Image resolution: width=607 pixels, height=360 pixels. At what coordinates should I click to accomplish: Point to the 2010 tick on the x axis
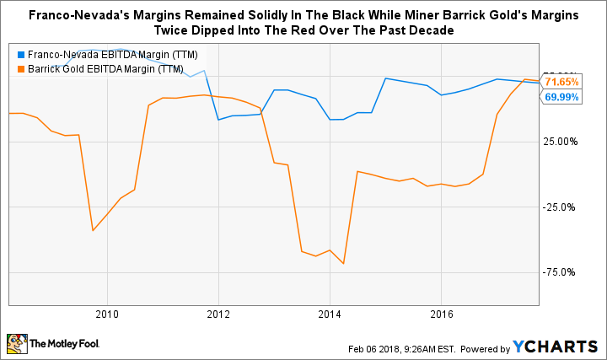click(107, 314)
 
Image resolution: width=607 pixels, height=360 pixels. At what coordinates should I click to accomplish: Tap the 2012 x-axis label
click(218, 314)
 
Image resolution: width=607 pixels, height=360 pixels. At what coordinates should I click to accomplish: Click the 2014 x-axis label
click(330, 314)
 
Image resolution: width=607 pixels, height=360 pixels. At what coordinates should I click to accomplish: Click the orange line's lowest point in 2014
click(344, 264)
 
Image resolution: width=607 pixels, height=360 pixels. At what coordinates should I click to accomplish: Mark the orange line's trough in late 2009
click(93, 230)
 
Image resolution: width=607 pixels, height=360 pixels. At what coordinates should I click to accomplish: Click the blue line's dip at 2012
click(219, 120)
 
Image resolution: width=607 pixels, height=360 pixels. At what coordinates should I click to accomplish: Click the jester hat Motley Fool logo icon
click(16, 344)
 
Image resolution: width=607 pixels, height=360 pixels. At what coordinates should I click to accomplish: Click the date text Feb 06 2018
click(373, 348)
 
